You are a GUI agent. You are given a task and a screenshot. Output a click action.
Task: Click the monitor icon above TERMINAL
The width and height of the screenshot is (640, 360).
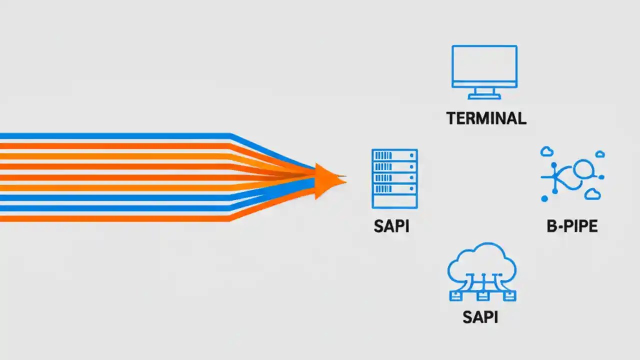tap(484, 67)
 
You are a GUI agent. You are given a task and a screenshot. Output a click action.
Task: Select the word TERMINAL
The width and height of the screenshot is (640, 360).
tap(486, 118)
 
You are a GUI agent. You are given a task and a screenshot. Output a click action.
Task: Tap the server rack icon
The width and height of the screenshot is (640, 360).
tap(394, 178)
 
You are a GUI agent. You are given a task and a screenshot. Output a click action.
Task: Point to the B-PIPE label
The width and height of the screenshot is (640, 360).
tap(572, 226)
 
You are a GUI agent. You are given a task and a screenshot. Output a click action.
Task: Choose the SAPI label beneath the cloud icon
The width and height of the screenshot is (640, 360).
tap(480, 316)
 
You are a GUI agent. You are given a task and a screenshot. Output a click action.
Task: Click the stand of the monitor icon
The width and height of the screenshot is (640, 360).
tap(484, 93)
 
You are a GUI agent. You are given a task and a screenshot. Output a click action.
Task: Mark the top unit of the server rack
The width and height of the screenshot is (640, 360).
tap(394, 155)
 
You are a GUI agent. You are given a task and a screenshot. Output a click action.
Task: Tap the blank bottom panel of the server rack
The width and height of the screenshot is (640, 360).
tap(394, 201)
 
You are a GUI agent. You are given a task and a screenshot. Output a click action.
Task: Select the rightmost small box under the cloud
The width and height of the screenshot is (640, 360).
tap(509, 296)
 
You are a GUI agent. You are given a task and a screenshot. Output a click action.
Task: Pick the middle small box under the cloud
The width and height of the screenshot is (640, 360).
tap(482, 296)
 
